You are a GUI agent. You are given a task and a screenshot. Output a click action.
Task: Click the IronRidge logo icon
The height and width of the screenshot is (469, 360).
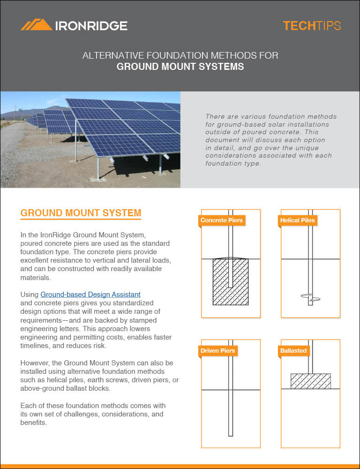point(36,25)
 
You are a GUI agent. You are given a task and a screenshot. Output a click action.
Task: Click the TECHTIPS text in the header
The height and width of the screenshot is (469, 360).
point(311,26)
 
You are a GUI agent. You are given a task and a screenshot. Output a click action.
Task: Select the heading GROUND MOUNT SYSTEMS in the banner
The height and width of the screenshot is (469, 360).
point(180,67)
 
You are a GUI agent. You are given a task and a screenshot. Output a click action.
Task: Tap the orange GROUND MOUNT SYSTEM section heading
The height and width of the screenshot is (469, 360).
point(81,213)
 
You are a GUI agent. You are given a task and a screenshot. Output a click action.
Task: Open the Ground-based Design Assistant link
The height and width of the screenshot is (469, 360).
point(90,295)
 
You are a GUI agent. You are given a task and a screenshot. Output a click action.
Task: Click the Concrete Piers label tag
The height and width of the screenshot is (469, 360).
point(222,220)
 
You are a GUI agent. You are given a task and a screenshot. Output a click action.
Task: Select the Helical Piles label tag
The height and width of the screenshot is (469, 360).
point(297,220)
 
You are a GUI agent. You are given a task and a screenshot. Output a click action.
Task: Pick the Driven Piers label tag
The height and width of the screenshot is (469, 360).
point(218,350)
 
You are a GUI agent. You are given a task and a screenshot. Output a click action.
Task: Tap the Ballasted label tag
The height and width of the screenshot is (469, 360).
point(293,350)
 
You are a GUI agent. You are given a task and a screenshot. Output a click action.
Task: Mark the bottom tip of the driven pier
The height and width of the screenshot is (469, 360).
point(230,435)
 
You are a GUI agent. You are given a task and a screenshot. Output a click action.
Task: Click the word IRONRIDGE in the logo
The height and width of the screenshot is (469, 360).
point(91,26)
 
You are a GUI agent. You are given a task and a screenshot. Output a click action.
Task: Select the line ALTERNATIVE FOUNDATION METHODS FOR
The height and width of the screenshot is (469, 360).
point(180,55)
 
